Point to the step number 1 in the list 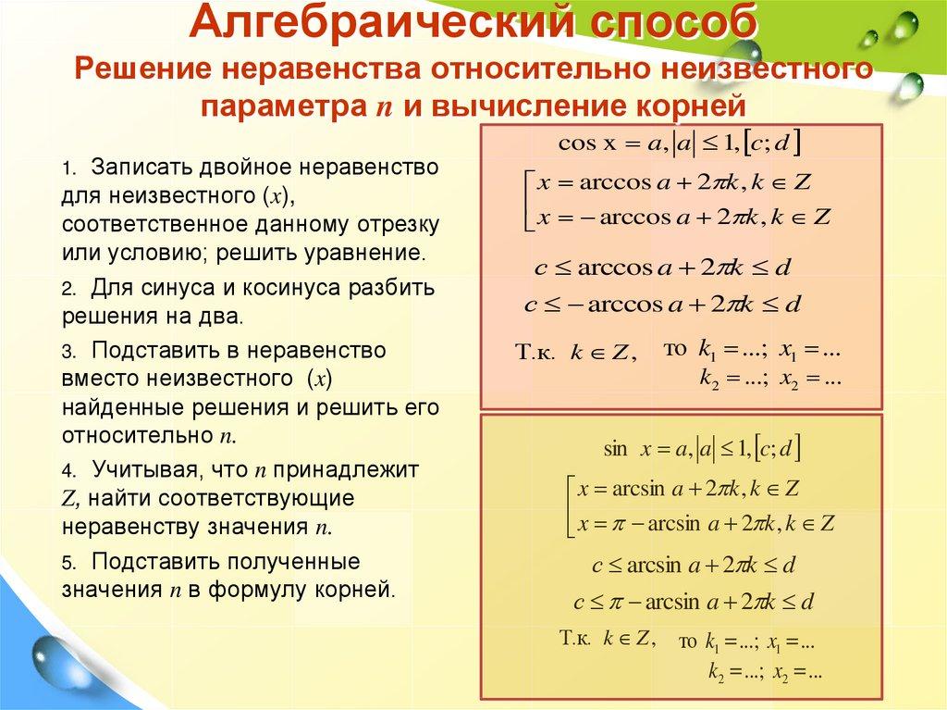coord(68,170)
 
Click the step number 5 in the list coord(68,563)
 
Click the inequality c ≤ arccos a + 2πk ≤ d coord(663,268)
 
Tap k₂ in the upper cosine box coord(709,380)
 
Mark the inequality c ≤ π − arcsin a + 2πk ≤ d coord(693,603)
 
